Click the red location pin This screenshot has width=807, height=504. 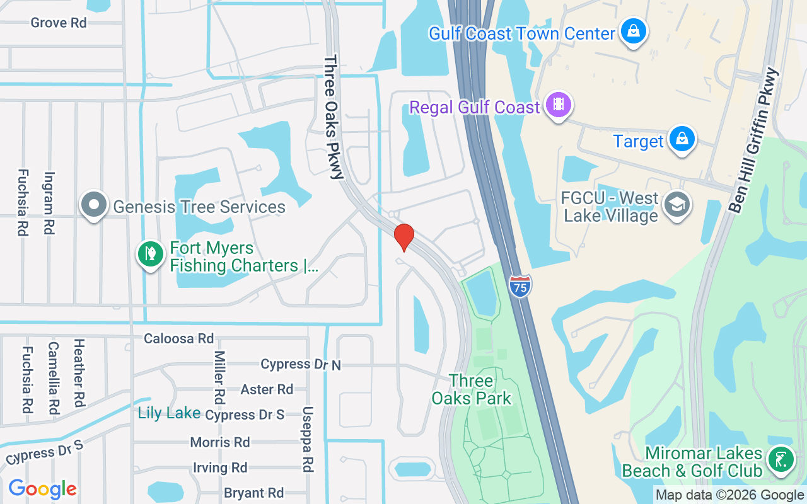[x=403, y=237]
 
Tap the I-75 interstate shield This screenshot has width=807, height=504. [x=520, y=286]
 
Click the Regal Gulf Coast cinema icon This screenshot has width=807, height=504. [x=558, y=105]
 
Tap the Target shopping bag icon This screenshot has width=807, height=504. [x=682, y=139]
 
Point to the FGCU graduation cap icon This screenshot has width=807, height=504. [x=677, y=204]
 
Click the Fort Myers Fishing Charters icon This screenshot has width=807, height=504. [x=151, y=255]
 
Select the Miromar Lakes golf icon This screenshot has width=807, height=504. [x=781, y=459]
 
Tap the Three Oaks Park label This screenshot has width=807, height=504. [x=472, y=389]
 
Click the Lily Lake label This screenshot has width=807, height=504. [x=169, y=413]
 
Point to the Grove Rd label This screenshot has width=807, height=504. [x=59, y=23]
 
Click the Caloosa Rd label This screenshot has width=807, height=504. [x=178, y=338]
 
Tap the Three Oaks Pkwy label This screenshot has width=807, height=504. [x=333, y=118]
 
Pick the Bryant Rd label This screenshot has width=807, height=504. [x=254, y=493]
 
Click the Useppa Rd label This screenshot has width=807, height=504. [x=308, y=439]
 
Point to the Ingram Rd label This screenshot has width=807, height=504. [x=49, y=203]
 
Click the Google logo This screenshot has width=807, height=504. [x=43, y=489]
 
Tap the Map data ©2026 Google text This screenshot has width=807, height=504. [x=729, y=495]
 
